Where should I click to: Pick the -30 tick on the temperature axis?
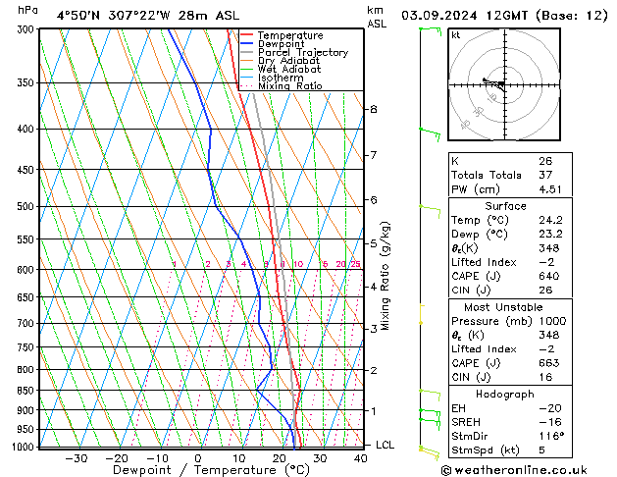pyautogui.click(x=76, y=457)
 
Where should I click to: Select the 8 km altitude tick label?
pyautogui.click(x=373, y=109)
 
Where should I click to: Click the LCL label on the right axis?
pyautogui.click(x=386, y=445)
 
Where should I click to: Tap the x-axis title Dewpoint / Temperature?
pyautogui.click(x=197, y=470)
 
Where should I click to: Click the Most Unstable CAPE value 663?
pyautogui.click(x=548, y=365)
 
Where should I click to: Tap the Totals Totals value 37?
pyautogui.click(x=544, y=176)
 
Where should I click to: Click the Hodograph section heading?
pyautogui.click(x=505, y=395)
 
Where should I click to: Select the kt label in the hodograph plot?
pyautogui.click(x=455, y=35)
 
